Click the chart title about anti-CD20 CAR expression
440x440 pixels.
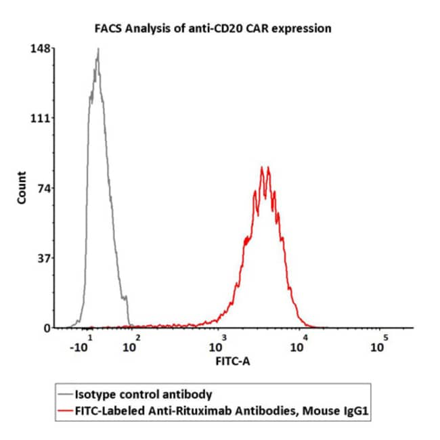click(x=212, y=28)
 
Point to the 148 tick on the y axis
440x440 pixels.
click(x=39, y=49)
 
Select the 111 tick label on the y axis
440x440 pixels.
click(x=39, y=118)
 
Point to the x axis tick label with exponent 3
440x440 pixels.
click(x=214, y=345)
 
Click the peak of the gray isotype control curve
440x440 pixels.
click(x=98, y=49)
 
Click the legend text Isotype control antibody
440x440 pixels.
click(x=144, y=394)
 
